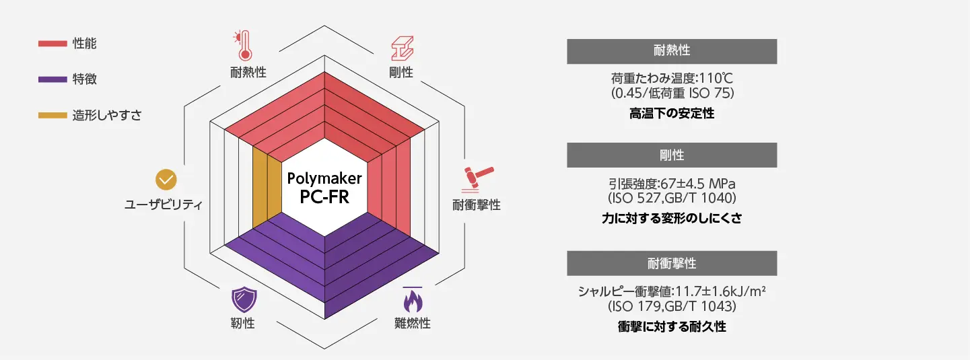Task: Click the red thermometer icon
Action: click(243, 46)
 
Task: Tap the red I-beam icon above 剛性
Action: click(403, 48)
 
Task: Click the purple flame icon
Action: click(413, 299)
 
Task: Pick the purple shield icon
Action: click(244, 299)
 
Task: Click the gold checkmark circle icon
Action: click(166, 180)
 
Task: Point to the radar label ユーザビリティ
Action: click(164, 205)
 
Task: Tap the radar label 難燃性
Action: click(412, 323)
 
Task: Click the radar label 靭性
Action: click(242, 323)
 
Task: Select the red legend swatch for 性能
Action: click(53, 43)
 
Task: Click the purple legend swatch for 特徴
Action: click(53, 79)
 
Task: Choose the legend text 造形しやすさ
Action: click(107, 115)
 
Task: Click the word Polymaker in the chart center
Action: click(324, 178)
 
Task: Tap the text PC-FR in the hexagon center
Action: click(324, 197)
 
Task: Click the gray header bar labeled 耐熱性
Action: click(672, 52)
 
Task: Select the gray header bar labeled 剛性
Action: click(672, 155)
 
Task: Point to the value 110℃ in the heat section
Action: click(716, 78)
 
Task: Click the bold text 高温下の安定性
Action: click(672, 113)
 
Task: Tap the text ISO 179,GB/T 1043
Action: click(672, 306)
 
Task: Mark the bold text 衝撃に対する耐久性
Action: click(672, 326)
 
